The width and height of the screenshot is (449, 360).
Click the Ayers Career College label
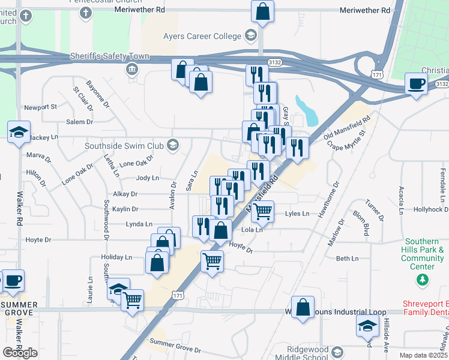(x=202, y=36)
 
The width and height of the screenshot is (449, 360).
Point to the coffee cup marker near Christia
(x=416, y=83)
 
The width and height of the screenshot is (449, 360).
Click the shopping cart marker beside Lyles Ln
(x=262, y=211)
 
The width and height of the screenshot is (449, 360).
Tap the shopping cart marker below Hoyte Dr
(x=212, y=261)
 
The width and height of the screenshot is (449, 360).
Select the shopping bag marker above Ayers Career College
(x=263, y=11)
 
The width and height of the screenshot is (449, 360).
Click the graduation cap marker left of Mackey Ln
(x=19, y=132)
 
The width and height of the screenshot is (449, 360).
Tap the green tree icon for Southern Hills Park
(x=423, y=279)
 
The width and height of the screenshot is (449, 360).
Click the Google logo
(x=20, y=353)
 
